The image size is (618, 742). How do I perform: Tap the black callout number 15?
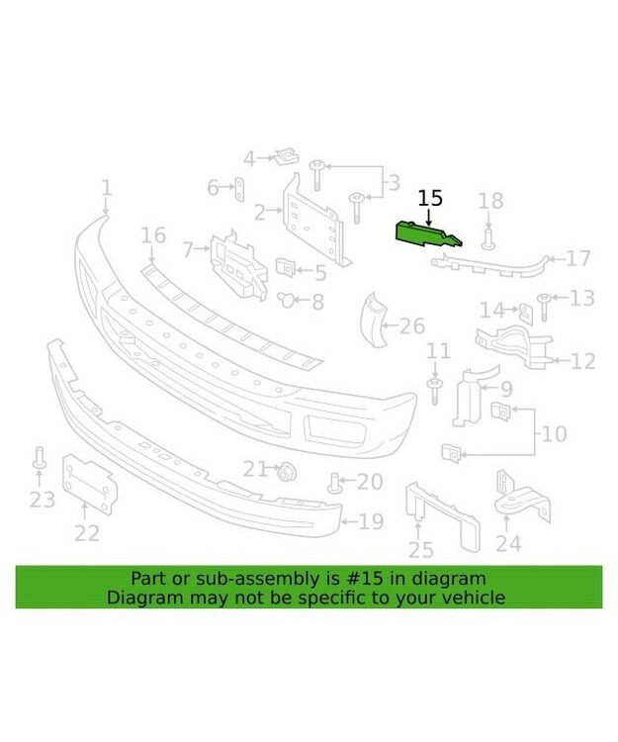click(430, 198)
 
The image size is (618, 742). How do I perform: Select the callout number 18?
click(490, 201)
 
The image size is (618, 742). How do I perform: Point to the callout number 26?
click(412, 325)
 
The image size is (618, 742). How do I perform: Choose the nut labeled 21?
click(287, 471)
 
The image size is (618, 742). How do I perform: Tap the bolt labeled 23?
click(40, 458)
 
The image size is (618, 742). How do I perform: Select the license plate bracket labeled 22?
click(90, 483)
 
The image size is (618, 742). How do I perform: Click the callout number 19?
click(371, 521)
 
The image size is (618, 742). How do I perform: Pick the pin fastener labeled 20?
click(334, 483)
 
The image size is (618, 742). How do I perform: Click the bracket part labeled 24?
click(523, 496)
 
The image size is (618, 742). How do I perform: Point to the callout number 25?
click(421, 549)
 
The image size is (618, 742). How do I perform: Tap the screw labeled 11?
click(434, 391)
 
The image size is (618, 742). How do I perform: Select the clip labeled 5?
click(285, 267)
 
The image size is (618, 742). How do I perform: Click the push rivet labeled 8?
click(286, 299)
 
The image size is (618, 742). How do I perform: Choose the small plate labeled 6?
click(239, 190)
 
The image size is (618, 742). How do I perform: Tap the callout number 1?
click(108, 187)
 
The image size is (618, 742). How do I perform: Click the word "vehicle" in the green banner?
click(474, 598)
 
